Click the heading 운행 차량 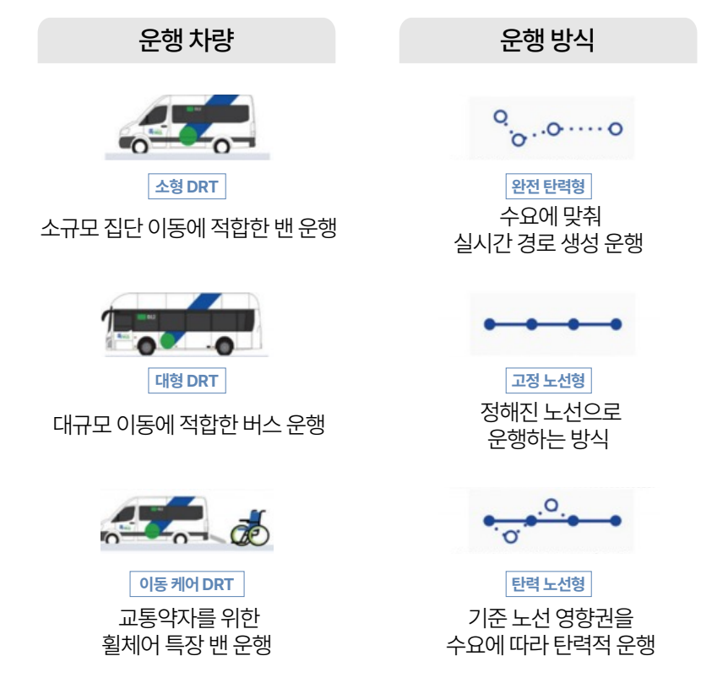[x=186, y=41]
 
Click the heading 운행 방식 [x=547, y=41]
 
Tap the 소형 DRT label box [x=187, y=187]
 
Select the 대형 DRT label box [x=187, y=381]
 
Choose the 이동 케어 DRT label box [x=187, y=583]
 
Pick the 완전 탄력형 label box [x=548, y=186]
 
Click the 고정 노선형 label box [x=548, y=381]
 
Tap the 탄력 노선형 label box [x=548, y=583]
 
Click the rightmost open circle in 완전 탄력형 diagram [x=615, y=129]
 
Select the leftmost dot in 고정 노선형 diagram [x=488, y=323]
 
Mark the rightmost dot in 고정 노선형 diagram [x=616, y=323]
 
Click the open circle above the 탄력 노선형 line [x=552, y=506]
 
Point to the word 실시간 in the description [x=481, y=244]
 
